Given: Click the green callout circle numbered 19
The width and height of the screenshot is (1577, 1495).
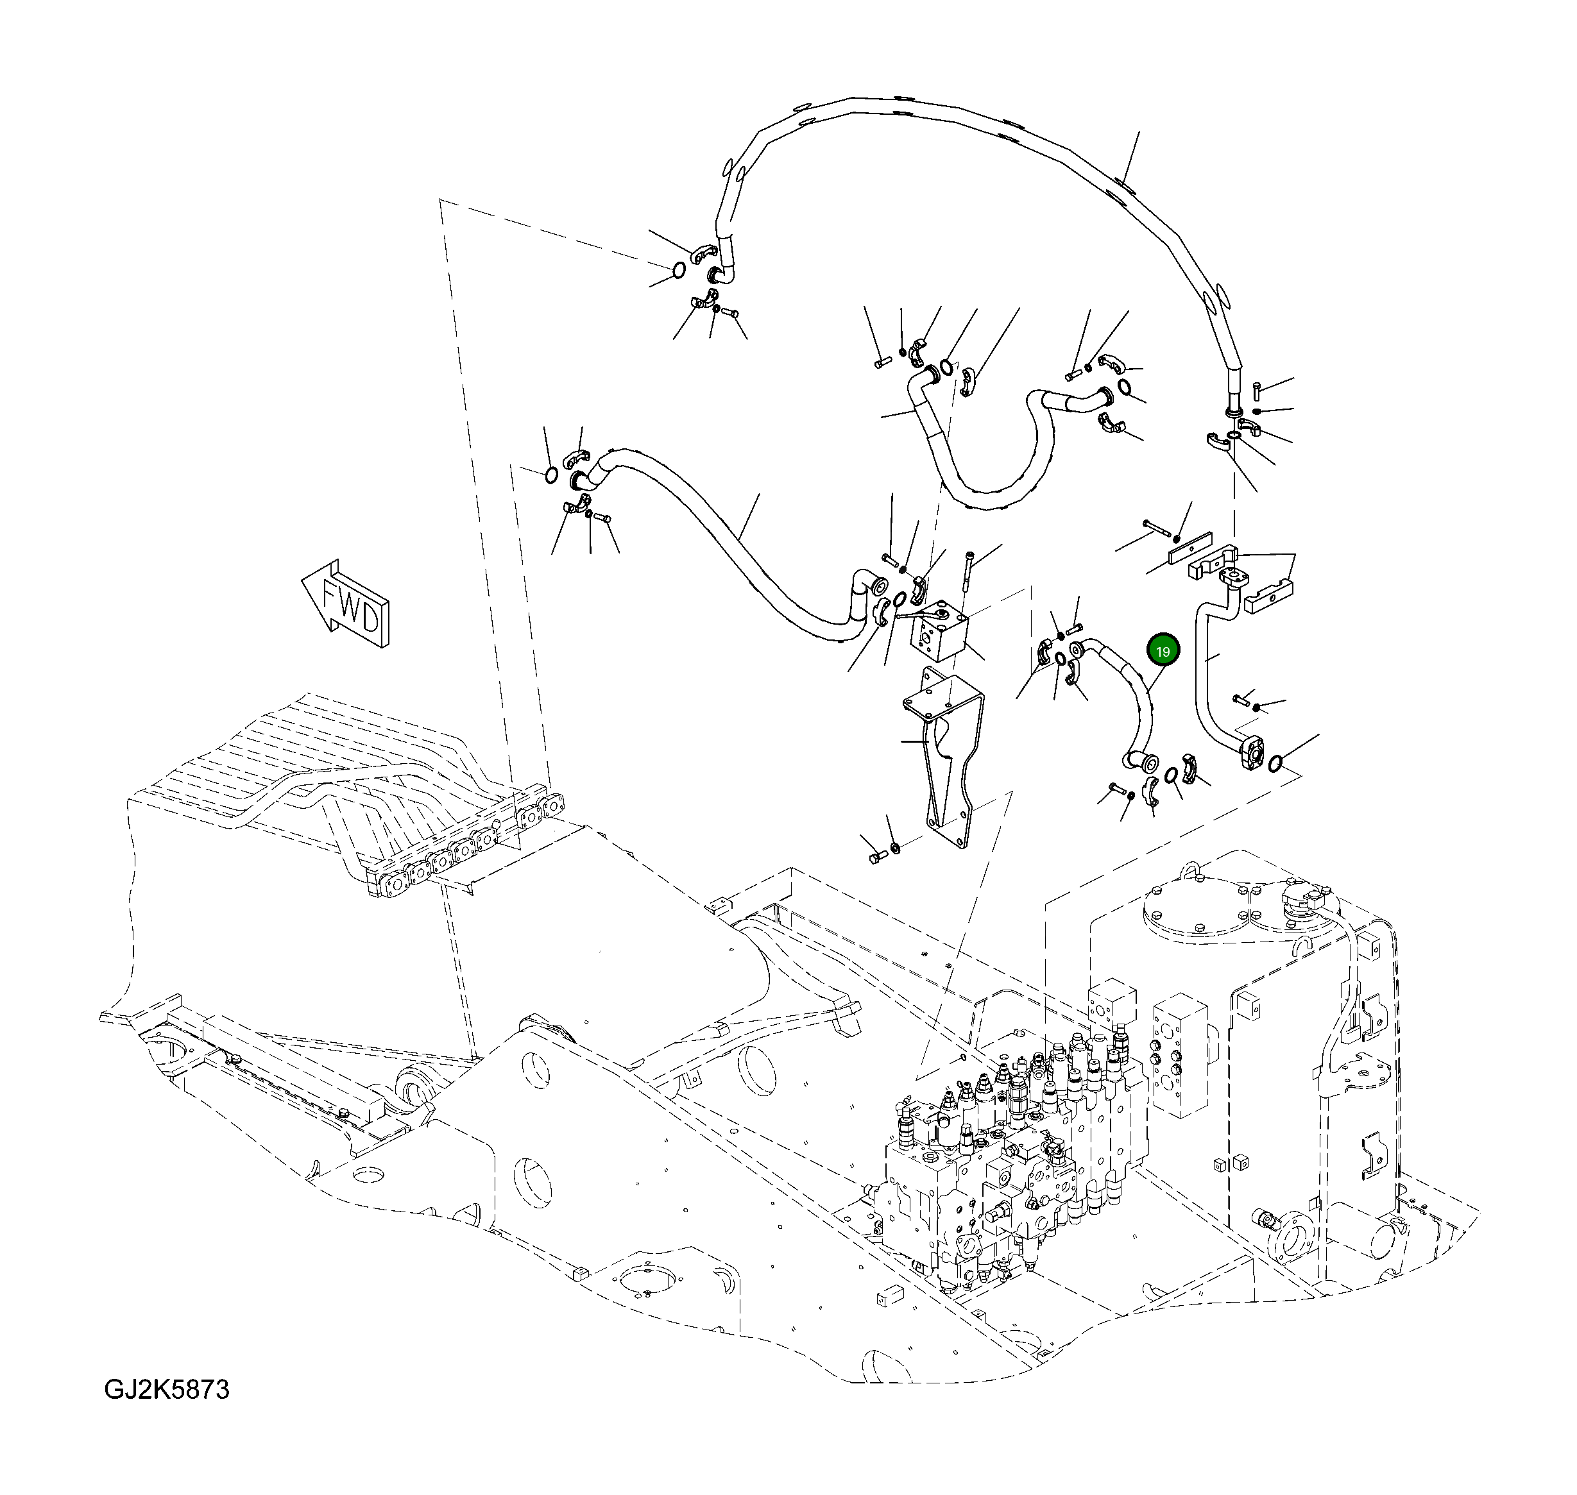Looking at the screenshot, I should [x=1163, y=651].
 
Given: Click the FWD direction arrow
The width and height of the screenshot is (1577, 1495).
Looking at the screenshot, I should [x=345, y=602].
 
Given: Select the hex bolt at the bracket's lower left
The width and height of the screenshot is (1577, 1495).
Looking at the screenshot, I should [x=876, y=857].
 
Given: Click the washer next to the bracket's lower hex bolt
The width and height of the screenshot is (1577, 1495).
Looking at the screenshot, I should [x=894, y=845].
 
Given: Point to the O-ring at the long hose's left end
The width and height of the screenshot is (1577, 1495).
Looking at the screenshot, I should [x=549, y=476].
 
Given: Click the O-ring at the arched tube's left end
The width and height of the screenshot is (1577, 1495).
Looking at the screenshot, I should [x=678, y=270].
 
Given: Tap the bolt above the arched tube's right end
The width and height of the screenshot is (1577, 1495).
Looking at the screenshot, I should [x=1256, y=391].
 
